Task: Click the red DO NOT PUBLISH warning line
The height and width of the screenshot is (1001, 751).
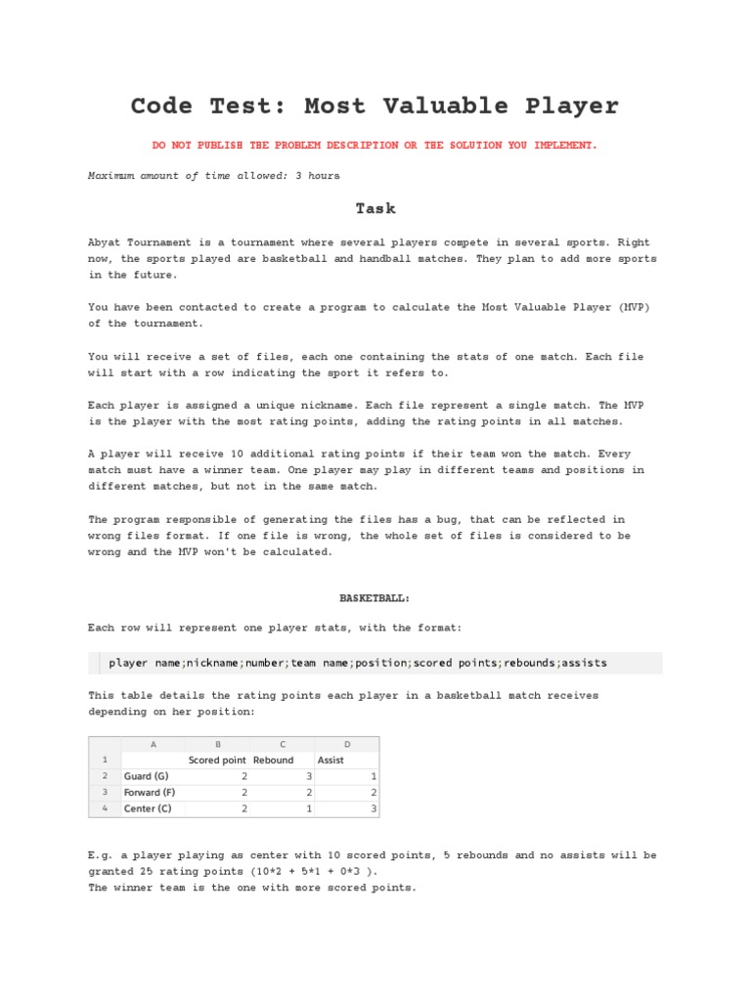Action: pos(375,145)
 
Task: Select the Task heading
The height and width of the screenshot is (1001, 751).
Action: pos(375,208)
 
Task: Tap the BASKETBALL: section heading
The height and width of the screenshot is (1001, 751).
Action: pos(375,596)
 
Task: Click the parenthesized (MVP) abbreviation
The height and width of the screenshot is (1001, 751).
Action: pos(627,307)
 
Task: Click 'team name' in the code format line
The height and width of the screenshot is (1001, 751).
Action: pos(320,662)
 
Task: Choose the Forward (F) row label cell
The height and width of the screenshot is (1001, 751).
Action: pos(153,792)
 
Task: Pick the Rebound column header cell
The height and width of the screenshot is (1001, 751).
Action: pos(274,760)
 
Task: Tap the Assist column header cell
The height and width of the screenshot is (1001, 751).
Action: pos(331,760)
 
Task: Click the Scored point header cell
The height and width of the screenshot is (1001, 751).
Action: pos(217,760)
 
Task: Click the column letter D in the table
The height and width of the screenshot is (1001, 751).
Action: pos(346,744)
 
